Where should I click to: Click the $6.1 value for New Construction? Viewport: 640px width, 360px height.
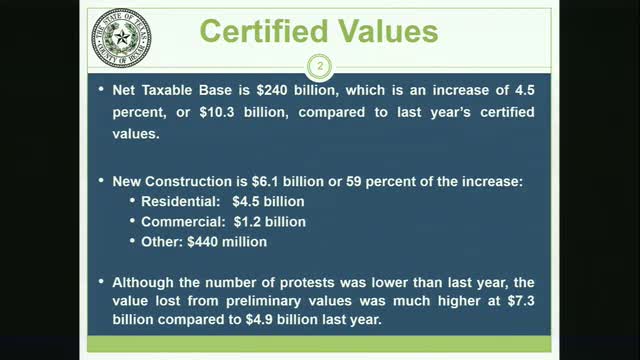click(277, 182)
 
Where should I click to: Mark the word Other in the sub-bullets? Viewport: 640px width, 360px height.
click(161, 240)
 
